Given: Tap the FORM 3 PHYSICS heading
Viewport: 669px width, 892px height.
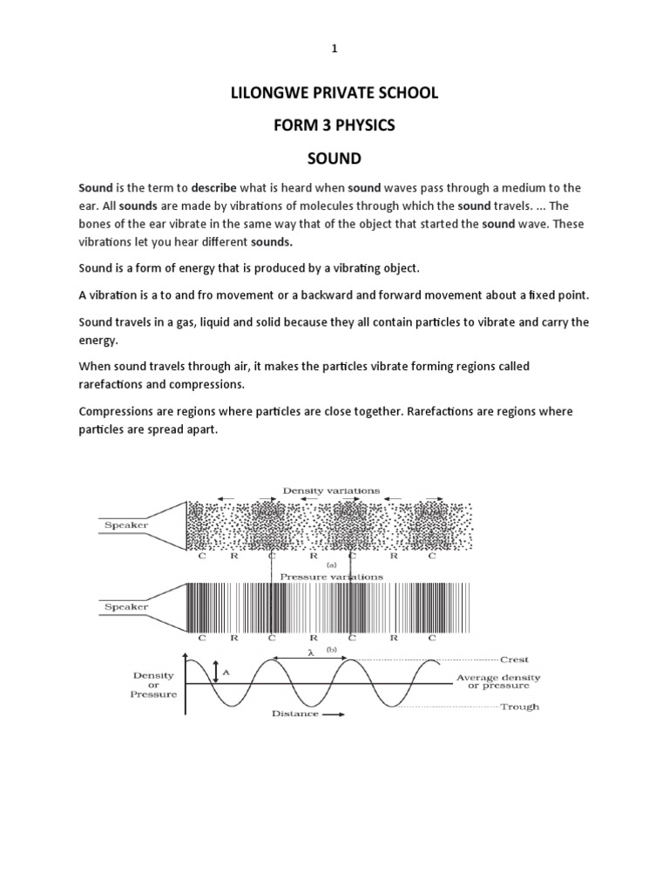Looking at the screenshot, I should coord(334,126).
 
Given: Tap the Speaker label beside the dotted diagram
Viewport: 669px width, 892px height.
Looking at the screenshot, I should coord(126,526).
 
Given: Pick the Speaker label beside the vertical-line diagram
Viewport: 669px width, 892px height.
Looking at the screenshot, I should coord(126,606).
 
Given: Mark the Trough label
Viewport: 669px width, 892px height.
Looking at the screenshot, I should coord(520,706).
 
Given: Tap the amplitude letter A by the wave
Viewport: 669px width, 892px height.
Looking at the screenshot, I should coord(226,672).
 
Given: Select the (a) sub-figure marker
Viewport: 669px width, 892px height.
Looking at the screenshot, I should coord(332,564).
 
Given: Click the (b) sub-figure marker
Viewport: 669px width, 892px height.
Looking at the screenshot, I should coord(332,649).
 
